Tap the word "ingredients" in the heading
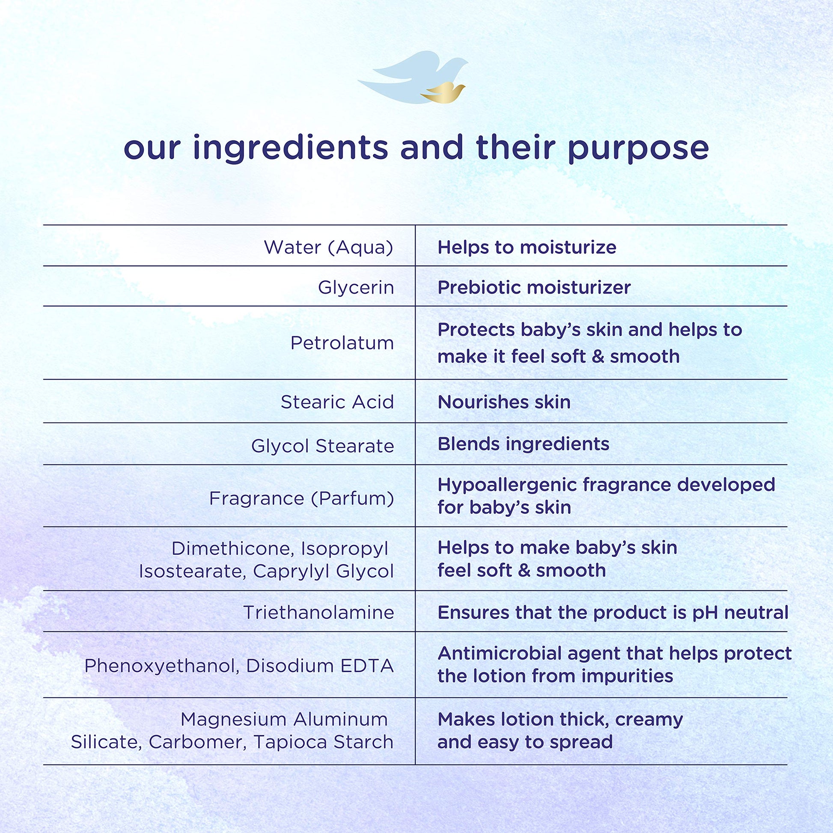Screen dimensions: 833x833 point(291,147)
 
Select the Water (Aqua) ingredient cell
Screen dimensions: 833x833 point(329,247)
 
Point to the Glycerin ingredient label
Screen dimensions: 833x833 point(356,288)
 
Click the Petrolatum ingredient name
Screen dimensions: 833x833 point(342,343)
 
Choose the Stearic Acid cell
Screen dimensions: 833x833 point(338,402)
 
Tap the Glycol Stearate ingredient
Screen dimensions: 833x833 point(323,446)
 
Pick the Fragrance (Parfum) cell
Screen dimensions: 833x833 point(302,498)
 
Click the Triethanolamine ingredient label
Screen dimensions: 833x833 point(319,613)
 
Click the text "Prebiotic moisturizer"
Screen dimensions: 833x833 point(534,288)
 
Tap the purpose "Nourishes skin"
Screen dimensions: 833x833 point(504,402)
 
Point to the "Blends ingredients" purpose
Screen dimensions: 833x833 point(524,444)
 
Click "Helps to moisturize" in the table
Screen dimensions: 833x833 point(527,247)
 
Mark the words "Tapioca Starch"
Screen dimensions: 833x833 point(323,742)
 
